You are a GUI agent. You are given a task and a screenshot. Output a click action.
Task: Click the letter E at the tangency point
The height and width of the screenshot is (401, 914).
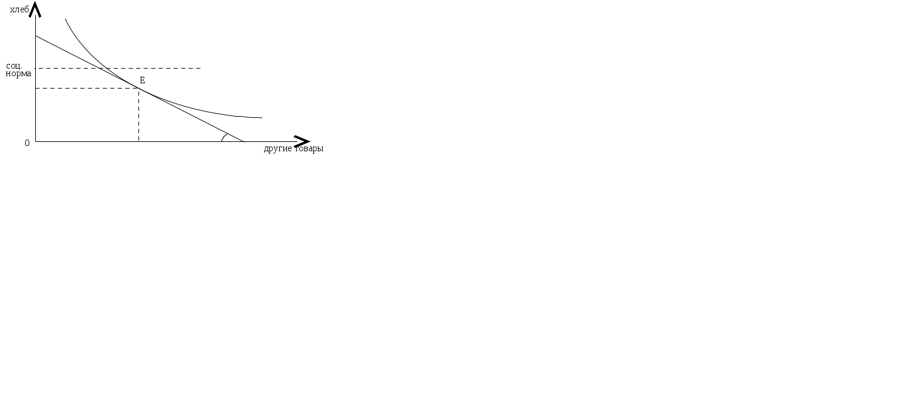[142, 80]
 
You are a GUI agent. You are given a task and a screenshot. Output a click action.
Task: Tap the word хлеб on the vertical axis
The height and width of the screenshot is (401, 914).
[19, 10]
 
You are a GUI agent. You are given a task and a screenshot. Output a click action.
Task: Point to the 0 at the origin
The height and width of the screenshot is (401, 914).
[27, 143]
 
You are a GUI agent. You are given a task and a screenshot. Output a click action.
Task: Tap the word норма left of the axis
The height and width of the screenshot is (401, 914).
[18, 74]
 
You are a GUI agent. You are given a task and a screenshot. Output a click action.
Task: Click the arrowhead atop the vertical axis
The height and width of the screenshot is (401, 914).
[36, 8]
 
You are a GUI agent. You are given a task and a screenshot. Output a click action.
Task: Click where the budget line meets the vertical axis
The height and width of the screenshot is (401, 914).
[36, 36]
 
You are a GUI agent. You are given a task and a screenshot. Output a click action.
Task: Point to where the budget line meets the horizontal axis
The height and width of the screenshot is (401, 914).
[243, 141]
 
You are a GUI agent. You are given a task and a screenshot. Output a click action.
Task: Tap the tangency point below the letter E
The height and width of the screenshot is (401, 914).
[139, 88]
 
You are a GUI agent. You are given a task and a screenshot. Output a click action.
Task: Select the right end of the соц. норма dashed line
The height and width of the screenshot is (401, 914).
[201, 68]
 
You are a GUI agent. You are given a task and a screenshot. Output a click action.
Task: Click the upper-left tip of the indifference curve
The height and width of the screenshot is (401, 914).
[65, 19]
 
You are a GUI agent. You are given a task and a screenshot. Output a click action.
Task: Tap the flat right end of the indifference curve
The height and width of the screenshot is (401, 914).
[261, 118]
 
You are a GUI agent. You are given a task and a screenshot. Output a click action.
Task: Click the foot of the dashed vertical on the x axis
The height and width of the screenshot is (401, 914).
[139, 141]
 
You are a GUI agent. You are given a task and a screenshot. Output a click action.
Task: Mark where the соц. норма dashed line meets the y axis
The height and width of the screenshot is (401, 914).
[36, 68]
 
